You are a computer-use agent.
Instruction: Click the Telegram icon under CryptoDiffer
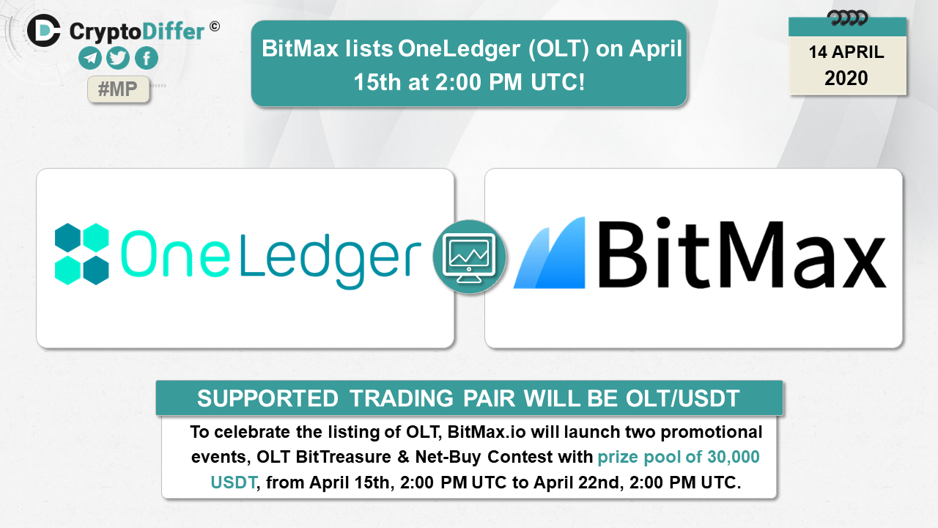click(90, 58)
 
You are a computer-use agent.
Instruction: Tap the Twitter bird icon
click(118, 58)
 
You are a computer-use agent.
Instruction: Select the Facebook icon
click(147, 58)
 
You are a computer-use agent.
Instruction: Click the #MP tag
click(118, 89)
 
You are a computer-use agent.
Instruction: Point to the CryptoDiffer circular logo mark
click(44, 31)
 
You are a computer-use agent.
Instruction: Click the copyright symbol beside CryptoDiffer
click(215, 27)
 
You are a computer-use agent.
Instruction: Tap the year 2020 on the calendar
click(846, 78)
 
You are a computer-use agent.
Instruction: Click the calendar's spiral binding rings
click(847, 18)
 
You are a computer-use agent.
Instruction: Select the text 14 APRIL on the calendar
click(846, 52)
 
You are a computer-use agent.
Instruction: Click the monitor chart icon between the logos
click(470, 257)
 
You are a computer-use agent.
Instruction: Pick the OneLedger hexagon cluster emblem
click(82, 254)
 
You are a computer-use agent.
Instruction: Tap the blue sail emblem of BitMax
click(550, 253)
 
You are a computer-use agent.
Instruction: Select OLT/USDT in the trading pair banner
click(682, 398)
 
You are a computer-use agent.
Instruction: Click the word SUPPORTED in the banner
click(267, 398)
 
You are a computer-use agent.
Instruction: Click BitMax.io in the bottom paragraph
click(486, 432)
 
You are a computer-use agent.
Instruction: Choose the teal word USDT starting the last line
click(233, 483)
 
